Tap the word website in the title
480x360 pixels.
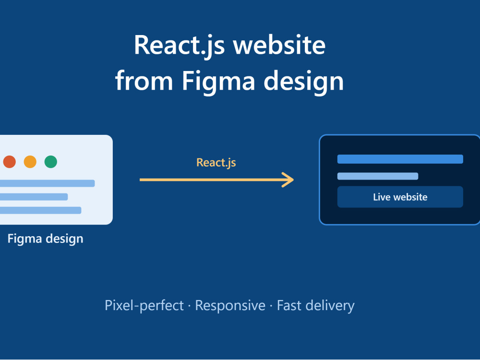(279, 45)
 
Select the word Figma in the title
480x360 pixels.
(218, 82)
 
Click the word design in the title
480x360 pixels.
(304, 82)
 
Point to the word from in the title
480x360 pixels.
(144, 80)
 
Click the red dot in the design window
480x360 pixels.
(10, 162)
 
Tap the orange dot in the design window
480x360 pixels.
(30, 162)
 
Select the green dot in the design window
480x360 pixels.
(51, 162)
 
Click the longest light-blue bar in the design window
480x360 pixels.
(48, 183)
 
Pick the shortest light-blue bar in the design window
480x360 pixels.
(34, 197)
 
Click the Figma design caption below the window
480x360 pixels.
(45, 239)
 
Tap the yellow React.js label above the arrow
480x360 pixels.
(216, 163)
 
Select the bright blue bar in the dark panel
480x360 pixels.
(400, 159)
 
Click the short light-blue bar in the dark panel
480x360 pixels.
(378, 176)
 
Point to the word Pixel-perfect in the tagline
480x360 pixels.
(144, 306)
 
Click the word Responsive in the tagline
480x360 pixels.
(230, 306)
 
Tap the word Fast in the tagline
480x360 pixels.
(289, 305)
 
